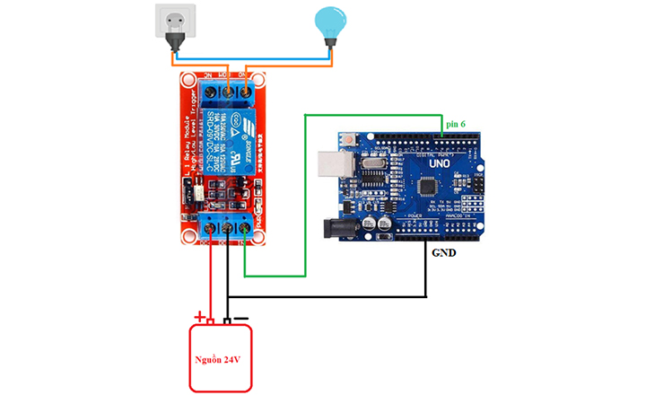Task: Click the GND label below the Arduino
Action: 444,253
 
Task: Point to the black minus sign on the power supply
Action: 240,317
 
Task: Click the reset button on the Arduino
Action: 345,141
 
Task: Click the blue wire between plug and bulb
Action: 251,54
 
